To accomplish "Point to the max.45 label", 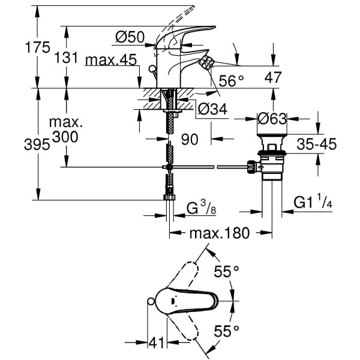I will pyautogui.click(x=111, y=60).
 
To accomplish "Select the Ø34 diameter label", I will pyautogui.click(x=211, y=110).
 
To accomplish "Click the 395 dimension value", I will pyautogui.click(x=17, y=144).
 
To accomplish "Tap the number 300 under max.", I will pyautogui.click(x=65, y=137).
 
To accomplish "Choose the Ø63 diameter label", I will pyautogui.click(x=271, y=119).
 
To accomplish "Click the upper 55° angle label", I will pyautogui.click(x=227, y=272).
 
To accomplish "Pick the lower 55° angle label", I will pyautogui.click(x=227, y=329).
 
